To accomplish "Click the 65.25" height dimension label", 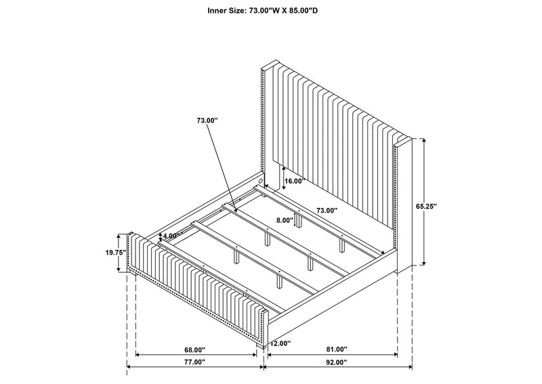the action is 426,206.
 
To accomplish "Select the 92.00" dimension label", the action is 336,362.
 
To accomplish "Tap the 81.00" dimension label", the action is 336,349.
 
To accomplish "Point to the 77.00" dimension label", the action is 194,362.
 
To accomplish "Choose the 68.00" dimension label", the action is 194,349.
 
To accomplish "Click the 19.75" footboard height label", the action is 116,253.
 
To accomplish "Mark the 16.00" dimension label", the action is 294,181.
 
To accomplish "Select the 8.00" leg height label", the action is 285,220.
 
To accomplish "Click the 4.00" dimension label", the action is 171,236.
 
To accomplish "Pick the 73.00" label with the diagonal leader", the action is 207,121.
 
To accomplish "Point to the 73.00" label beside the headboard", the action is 327,210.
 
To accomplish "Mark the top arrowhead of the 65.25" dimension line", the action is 423,140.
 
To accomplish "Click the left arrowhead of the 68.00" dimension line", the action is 138,355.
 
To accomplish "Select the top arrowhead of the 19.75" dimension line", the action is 119,236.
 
